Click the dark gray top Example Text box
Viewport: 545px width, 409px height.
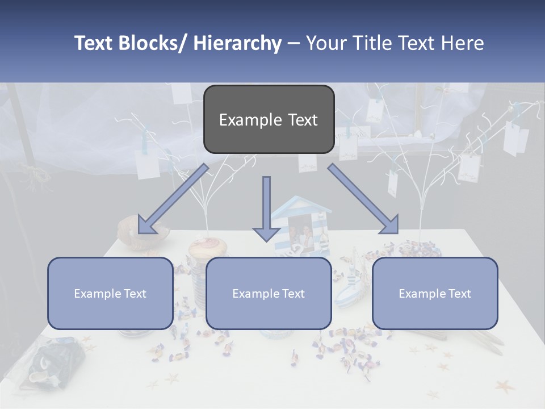[x=269, y=119]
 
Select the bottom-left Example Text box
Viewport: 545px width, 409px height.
[x=110, y=293]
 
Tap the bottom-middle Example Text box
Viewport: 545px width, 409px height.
[x=269, y=293]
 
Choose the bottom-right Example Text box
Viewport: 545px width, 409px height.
[x=435, y=293]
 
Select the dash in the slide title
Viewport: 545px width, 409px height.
[x=294, y=43]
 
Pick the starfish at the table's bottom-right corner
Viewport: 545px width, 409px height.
[x=504, y=387]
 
